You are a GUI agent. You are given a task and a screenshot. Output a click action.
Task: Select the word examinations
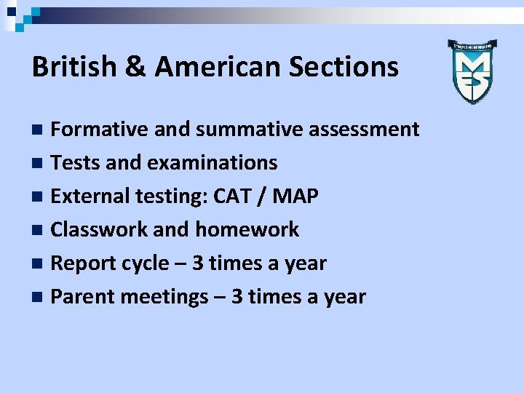click(212, 163)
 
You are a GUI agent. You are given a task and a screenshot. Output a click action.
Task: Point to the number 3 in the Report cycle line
click(198, 263)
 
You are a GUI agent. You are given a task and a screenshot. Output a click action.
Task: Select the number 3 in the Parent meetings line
click(237, 297)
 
